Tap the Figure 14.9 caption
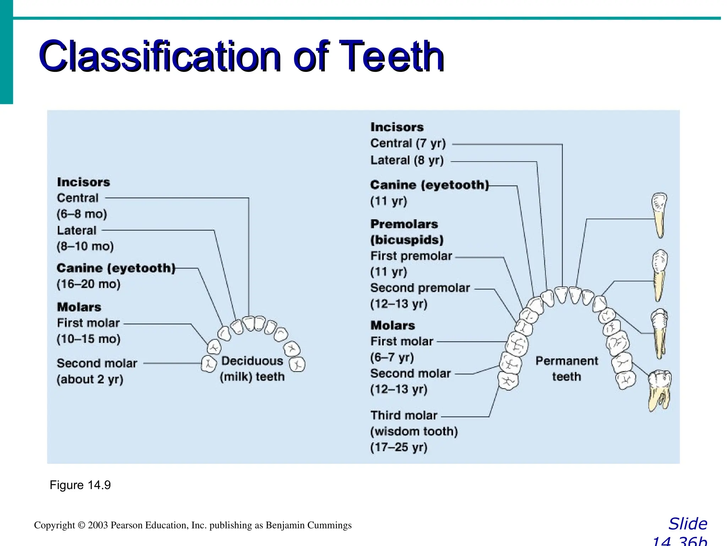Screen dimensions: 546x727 coord(80,485)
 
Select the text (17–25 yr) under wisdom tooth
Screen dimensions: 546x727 coord(399,447)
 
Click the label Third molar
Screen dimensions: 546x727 coord(404,416)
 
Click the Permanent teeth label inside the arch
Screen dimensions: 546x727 coord(567,369)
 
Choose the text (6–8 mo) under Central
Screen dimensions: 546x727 coord(82,214)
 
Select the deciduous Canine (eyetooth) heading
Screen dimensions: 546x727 coord(116,268)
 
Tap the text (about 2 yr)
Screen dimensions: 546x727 coord(90,379)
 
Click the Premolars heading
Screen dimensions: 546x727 coord(404,224)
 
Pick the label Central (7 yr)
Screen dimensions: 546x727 coord(408,144)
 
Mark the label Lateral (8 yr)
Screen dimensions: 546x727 coord(407,161)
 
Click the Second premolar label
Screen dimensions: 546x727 coord(420,288)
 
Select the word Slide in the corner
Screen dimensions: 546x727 coord(688,524)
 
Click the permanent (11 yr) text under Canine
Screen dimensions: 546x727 coord(389,201)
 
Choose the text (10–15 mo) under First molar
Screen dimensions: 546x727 coord(88,339)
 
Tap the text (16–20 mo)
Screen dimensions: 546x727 coord(88,284)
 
